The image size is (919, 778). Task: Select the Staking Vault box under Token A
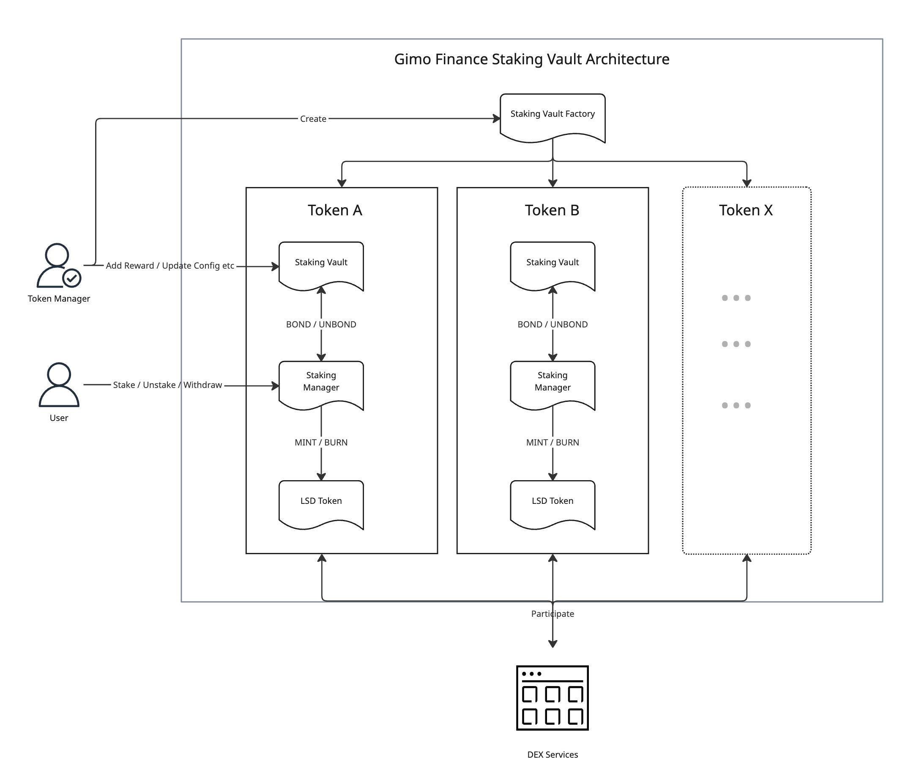tap(321, 265)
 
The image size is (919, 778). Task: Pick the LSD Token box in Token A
tap(321, 503)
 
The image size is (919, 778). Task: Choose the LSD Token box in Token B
tap(552, 503)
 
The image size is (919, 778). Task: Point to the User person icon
tap(59, 385)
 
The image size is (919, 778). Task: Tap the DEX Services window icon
tap(552, 698)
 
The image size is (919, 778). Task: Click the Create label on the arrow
tap(313, 118)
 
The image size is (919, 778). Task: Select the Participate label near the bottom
tap(552, 613)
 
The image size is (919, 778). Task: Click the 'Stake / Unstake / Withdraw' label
tap(167, 385)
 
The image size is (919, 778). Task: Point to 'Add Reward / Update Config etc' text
tap(170, 266)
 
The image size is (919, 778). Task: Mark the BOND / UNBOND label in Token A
tap(321, 324)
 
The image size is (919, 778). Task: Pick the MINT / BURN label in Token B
tap(552, 443)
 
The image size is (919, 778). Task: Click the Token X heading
tap(746, 210)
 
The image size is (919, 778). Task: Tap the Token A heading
tap(334, 210)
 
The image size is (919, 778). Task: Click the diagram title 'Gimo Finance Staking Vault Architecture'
tap(531, 59)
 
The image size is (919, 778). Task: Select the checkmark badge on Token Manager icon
tap(71, 278)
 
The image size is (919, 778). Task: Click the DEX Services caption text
tap(552, 755)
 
